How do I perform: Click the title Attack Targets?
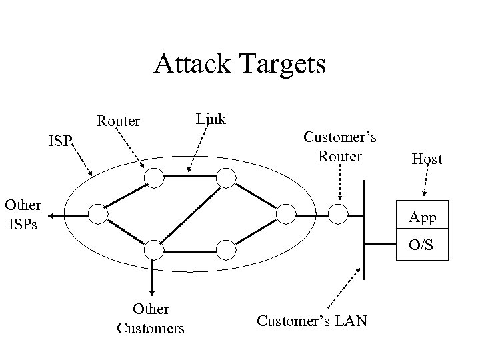pyautogui.click(x=240, y=65)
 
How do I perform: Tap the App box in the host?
pyautogui.click(x=423, y=217)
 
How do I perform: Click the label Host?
pyautogui.click(x=427, y=159)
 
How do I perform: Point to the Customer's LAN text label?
pyautogui.click(x=312, y=321)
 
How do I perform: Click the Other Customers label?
pyautogui.click(x=151, y=319)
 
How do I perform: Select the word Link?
pyautogui.click(x=211, y=119)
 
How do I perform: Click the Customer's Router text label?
pyautogui.click(x=340, y=147)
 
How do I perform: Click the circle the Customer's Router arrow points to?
pyautogui.click(x=339, y=213)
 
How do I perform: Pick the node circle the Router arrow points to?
pyautogui.click(x=155, y=177)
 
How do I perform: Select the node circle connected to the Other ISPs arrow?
pyautogui.click(x=98, y=213)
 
